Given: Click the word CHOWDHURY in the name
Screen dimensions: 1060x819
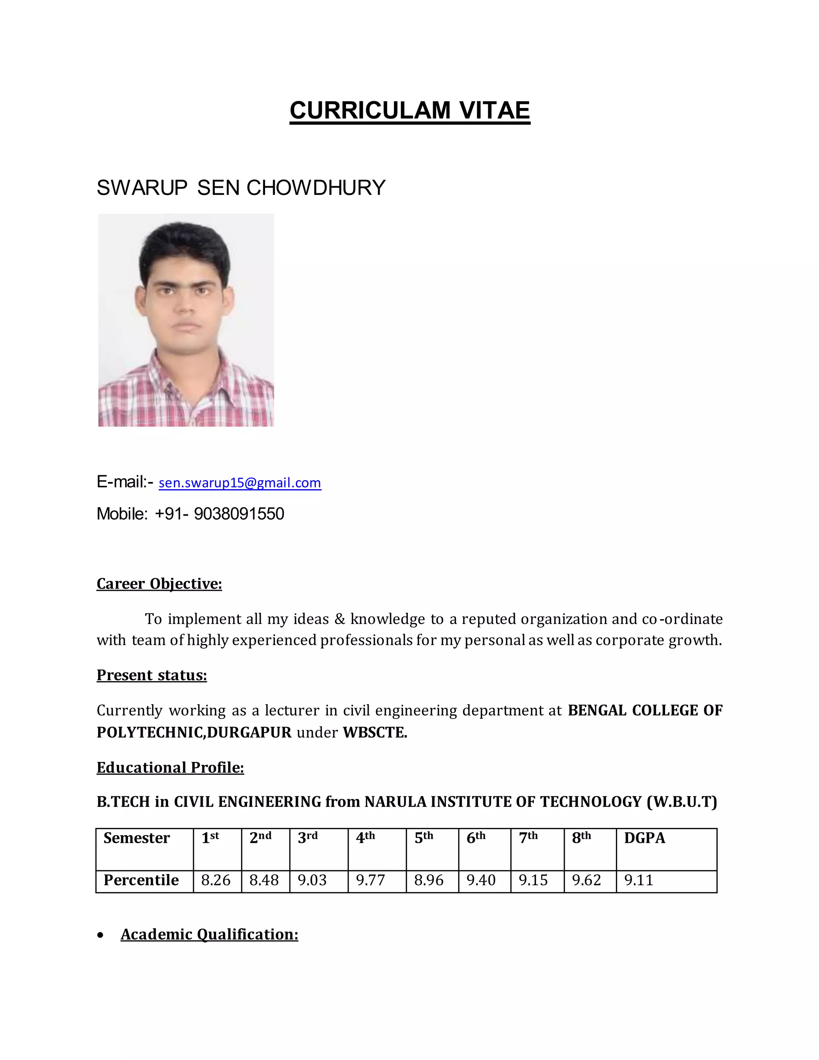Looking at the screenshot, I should [316, 188].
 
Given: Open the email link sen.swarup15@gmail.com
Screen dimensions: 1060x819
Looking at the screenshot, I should [240, 483].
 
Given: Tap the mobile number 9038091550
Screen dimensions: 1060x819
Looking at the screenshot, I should [239, 514].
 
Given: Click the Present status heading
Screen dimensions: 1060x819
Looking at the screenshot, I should [152, 675].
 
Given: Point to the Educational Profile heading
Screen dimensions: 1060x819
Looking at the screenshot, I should [170, 767].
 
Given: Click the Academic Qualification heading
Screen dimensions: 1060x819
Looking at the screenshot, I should [209, 934].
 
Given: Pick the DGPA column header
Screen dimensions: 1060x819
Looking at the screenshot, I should [644, 838].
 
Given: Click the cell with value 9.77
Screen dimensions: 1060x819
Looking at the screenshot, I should [370, 880].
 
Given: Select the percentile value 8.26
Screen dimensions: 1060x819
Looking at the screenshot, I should [216, 880].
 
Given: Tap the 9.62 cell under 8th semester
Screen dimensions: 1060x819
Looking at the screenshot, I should [586, 880].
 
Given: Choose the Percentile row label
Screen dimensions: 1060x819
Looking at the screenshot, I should [141, 880].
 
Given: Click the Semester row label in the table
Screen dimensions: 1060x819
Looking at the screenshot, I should [136, 838].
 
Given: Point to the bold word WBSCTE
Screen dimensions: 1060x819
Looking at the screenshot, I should [375, 732].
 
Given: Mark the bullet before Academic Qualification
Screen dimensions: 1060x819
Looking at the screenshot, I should [100, 935].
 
